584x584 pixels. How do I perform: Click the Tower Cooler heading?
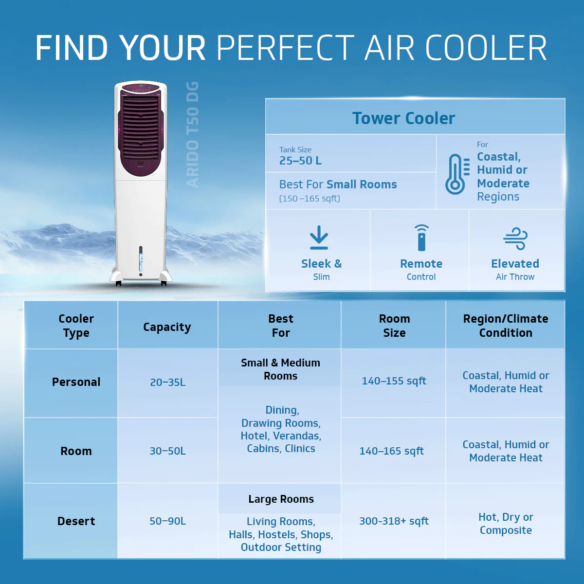[x=403, y=118]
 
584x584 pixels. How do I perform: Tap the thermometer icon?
[x=455, y=174]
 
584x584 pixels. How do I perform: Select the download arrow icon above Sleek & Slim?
[x=319, y=237]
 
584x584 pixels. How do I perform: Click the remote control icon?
[x=421, y=237]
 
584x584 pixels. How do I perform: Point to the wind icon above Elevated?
[x=515, y=238]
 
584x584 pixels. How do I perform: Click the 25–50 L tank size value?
[x=300, y=161]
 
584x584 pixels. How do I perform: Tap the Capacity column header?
[x=167, y=327]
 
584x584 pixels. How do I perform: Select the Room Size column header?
[x=394, y=326]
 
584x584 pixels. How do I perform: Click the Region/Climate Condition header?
[x=506, y=326]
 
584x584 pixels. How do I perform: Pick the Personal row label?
[x=76, y=382]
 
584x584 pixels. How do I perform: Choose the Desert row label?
[x=76, y=521]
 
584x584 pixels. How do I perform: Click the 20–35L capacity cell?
[x=167, y=383]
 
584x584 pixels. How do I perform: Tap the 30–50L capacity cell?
[x=167, y=451]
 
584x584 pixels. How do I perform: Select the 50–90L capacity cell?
[x=167, y=521]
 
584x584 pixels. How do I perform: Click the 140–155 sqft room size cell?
[x=394, y=381]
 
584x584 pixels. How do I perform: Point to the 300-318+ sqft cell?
[x=394, y=521]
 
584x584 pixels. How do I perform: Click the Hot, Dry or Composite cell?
[x=506, y=524]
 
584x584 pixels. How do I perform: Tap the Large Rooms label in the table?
[x=281, y=499]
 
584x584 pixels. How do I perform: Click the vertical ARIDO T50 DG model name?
[x=193, y=134]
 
